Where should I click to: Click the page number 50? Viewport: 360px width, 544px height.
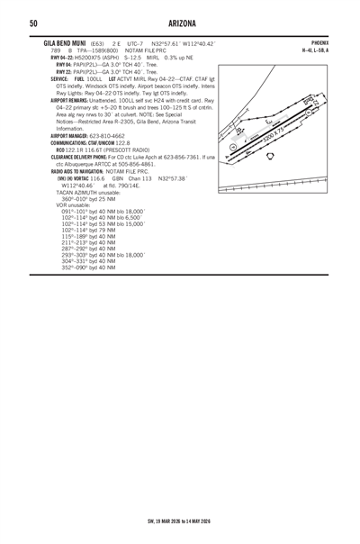(x=32, y=23)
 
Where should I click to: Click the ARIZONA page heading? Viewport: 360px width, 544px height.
(x=180, y=23)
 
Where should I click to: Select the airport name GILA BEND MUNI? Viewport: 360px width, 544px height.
(x=58, y=41)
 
